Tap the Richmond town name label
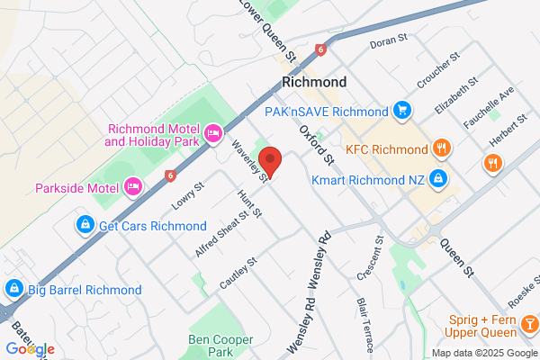[313, 81]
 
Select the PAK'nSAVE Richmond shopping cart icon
[402, 111]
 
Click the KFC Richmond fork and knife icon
[441, 148]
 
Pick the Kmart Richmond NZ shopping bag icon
[437, 178]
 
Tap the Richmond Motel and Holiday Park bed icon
[213, 134]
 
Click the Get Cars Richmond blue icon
[84, 224]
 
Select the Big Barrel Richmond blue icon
[13, 289]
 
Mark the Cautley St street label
[238, 274]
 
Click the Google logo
[30, 348]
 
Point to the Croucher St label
[438, 69]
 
